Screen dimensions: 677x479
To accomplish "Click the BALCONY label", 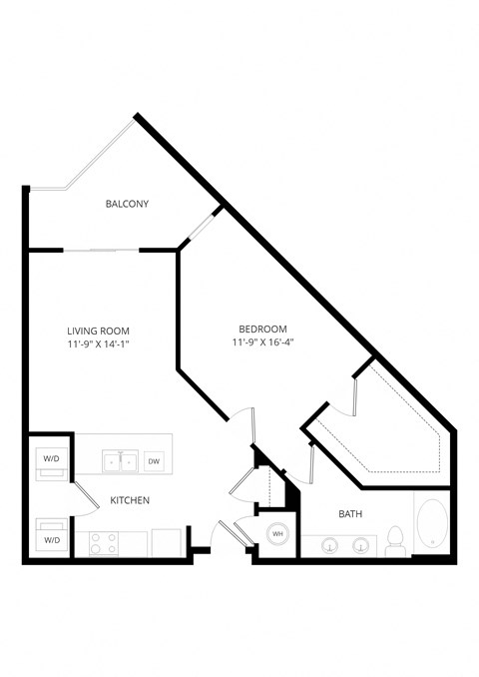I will (127, 205).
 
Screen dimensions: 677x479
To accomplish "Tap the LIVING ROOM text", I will (98, 331).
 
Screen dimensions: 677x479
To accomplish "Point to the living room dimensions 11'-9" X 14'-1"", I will (98, 344).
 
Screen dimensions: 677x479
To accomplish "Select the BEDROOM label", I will (262, 330).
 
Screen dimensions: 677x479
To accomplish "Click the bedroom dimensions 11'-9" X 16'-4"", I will (262, 342).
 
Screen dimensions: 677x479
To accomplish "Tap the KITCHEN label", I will (130, 499).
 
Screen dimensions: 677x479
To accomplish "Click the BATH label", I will (350, 514).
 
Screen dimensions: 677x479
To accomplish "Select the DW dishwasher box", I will (154, 461).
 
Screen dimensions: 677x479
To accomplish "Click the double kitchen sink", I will (120, 461).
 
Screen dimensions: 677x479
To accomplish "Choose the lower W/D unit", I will (50, 534).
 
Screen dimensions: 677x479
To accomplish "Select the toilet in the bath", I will (394, 540).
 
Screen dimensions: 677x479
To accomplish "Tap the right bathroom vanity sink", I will (361, 545).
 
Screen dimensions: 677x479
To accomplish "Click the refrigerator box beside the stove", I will (165, 542).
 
